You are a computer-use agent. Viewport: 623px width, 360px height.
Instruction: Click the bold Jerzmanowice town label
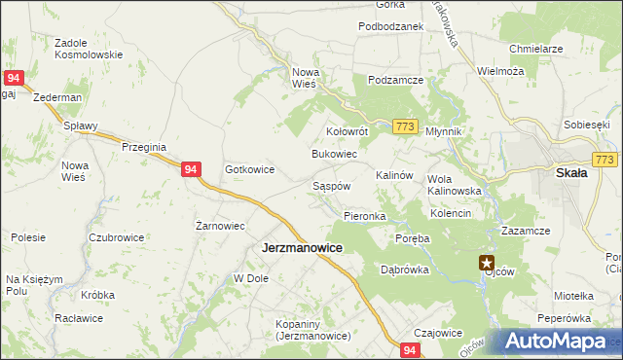pyautogui.click(x=302, y=248)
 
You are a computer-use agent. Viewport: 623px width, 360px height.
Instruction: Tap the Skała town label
pyautogui.click(x=570, y=173)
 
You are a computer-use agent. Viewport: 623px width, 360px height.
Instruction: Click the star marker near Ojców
pyautogui.click(x=487, y=262)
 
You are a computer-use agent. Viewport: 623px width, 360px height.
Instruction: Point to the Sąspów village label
pyautogui.click(x=330, y=184)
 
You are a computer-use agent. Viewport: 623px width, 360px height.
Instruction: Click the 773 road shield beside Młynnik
pyautogui.click(x=407, y=127)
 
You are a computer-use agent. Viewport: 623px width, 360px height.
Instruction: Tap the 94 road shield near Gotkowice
pyautogui.click(x=191, y=169)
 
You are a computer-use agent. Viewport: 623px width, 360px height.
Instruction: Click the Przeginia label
pyautogui.click(x=145, y=146)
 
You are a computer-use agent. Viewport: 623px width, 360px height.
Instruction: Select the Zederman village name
pyautogui.click(x=55, y=99)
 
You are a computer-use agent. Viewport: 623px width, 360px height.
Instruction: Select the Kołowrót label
pyautogui.click(x=346, y=131)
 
